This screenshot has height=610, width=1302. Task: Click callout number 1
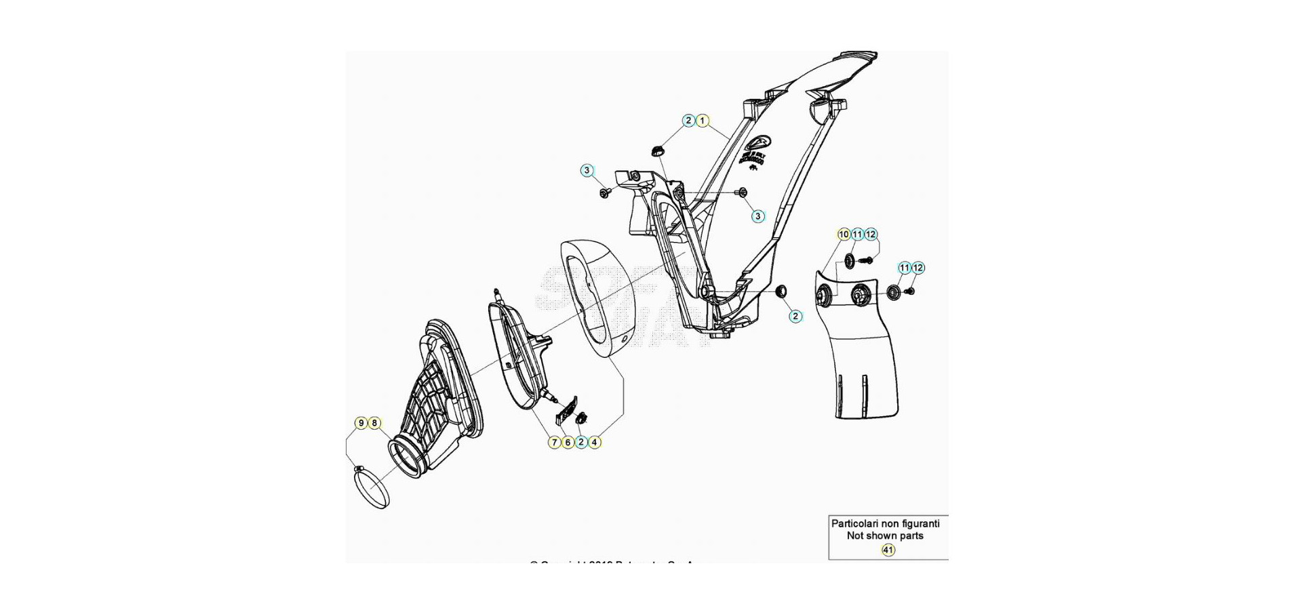pyautogui.click(x=703, y=121)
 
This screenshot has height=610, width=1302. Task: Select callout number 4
pyautogui.click(x=594, y=442)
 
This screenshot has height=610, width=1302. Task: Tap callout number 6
pyautogui.click(x=568, y=442)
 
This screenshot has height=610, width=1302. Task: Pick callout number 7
pyautogui.click(x=555, y=442)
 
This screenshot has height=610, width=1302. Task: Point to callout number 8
pyautogui.click(x=374, y=424)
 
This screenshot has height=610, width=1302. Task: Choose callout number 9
pyautogui.click(x=361, y=424)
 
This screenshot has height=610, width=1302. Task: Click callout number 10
pyautogui.click(x=844, y=235)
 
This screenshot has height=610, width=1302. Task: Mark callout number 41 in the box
pyautogui.click(x=888, y=550)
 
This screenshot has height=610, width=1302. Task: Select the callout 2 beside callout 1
pyautogui.click(x=689, y=121)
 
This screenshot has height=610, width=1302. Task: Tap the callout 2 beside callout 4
pyautogui.click(x=581, y=442)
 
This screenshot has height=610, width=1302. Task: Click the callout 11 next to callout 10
pyautogui.click(x=857, y=235)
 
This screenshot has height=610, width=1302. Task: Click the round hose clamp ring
pyautogui.click(x=372, y=487)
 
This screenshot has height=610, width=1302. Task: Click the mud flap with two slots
pyautogui.click(x=861, y=359)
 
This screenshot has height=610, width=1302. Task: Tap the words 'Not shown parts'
pyautogui.click(x=885, y=535)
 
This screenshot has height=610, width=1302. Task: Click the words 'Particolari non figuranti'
pyautogui.click(x=885, y=523)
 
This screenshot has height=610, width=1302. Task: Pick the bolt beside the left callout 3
pyautogui.click(x=604, y=194)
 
